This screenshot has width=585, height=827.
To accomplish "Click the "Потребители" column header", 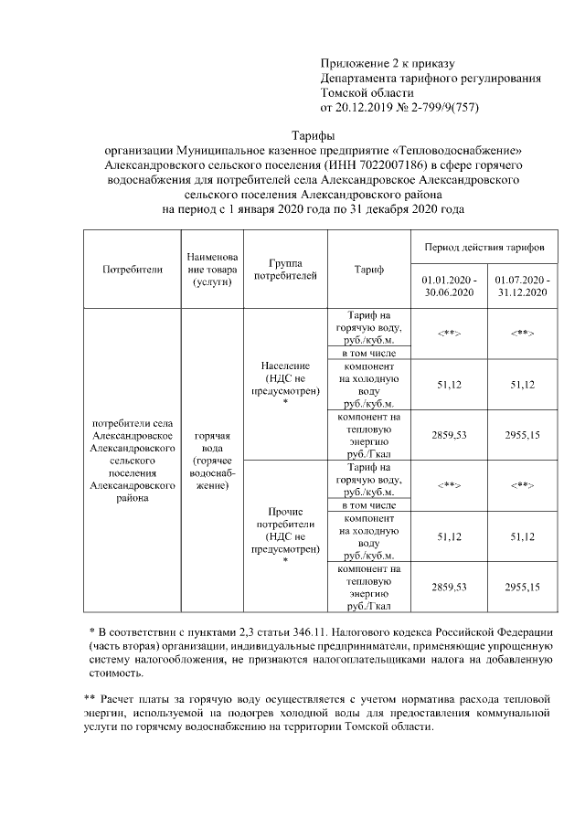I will click(133, 270).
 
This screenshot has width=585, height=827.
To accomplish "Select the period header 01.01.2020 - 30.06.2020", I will click(449, 285).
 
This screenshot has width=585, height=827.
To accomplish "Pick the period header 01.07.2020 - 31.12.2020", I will click(522, 285).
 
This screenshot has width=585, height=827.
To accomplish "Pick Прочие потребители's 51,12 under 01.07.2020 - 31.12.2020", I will click(522, 535).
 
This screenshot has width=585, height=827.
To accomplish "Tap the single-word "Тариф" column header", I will click(368, 270).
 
